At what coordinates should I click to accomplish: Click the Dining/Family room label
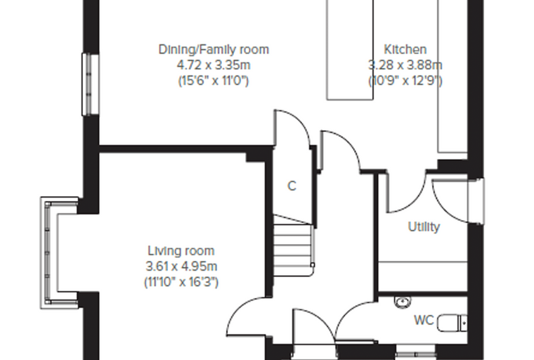point(214,50)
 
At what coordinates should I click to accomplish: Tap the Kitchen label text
point(405,49)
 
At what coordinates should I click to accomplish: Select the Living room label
point(181,251)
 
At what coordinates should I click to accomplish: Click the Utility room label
point(424,226)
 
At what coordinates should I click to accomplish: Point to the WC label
point(424,320)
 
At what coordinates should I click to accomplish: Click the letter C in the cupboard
point(292,186)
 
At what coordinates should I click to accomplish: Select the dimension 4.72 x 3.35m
point(214,65)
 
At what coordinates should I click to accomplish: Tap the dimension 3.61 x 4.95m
point(181,266)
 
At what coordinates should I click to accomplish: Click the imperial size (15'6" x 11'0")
point(214,81)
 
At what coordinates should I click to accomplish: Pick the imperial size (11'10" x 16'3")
point(181,282)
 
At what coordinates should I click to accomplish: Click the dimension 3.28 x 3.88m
point(405,65)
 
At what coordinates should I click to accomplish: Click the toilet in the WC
point(452,323)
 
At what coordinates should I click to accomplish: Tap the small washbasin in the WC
point(403,302)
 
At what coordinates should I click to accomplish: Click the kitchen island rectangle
point(350,50)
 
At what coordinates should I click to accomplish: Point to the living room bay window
point(51,253)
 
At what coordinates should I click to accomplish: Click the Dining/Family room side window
point(91,84)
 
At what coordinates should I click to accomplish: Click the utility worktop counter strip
point(423,276)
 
